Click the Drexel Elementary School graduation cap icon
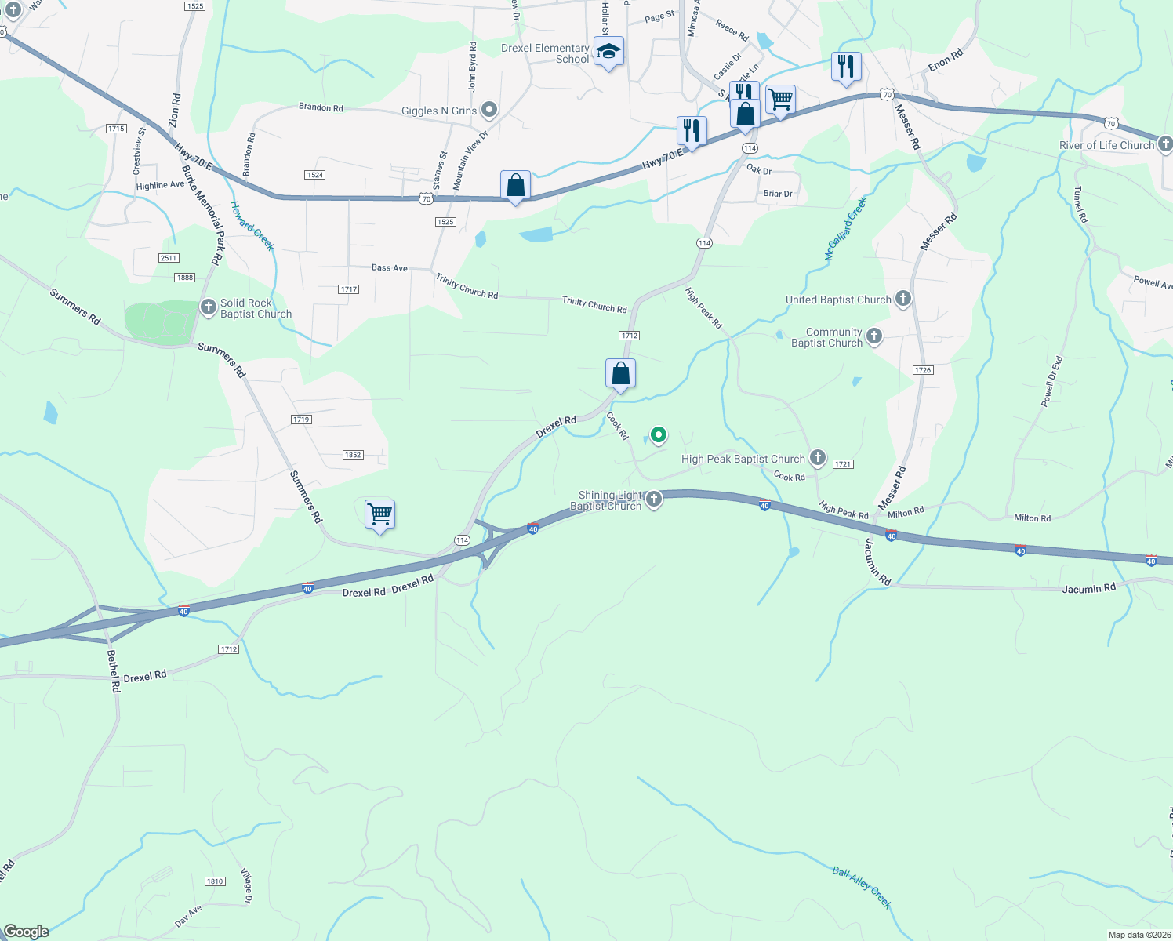[x=608, y=52]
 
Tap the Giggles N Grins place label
[x=439, y=111]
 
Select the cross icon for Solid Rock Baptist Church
[x=209, y=307]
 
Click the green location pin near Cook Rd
[x=659, y=434]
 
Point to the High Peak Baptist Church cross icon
[x=818, y=457]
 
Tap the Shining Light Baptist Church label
[x=610, y=500]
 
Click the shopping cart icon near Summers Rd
[x=379, y=514]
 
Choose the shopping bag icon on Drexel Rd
[x=620, y=374]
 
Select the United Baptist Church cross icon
[x=903, y=298]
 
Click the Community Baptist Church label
[x=826, y=337]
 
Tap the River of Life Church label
[x=1106, y=145]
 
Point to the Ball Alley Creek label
[x=862, y=887]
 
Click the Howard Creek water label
[x=252, y=226]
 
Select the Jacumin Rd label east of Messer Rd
[x=1088, y=588]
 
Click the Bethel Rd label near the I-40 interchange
[x=114, y=670]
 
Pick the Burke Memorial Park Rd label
[x=201, y=212]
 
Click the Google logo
[x=26, y=931]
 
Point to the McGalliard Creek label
[x=846, y=230]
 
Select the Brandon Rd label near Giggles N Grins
[x=321, y=107]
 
